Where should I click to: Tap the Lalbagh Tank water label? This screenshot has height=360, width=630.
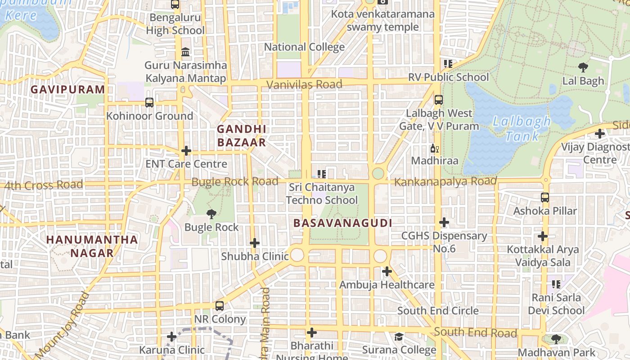tap(522, 129)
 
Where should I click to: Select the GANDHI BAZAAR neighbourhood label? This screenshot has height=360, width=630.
tap(242, 135)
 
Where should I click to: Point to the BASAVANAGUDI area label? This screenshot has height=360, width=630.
tap(342, 223)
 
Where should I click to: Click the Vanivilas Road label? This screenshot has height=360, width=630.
tap(304, 84)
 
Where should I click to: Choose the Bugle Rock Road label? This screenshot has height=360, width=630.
tap(235, 182)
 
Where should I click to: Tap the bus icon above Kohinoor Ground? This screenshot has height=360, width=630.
tap(149, 103)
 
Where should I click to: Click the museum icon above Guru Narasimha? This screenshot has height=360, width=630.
tap(185, 52)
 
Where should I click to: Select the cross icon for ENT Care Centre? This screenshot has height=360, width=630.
tap(186, 151)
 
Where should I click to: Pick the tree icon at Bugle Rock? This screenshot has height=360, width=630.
tap(211, 214)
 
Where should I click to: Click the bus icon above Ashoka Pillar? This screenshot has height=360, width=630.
tap(545, 198)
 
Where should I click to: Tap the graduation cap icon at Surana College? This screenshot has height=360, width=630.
tap(399, 337)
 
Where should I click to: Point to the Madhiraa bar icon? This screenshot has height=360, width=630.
tap(434, 148)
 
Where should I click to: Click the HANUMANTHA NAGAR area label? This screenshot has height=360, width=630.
tap(92, 246)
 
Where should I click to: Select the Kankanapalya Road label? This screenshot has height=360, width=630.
tap(445, 181)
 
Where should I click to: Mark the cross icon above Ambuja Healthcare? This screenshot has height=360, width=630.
tap(387, 271)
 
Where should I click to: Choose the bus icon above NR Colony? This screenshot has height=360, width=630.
tap(220, 306)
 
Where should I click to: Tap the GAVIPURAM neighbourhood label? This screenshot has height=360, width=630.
tap(68, 90)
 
